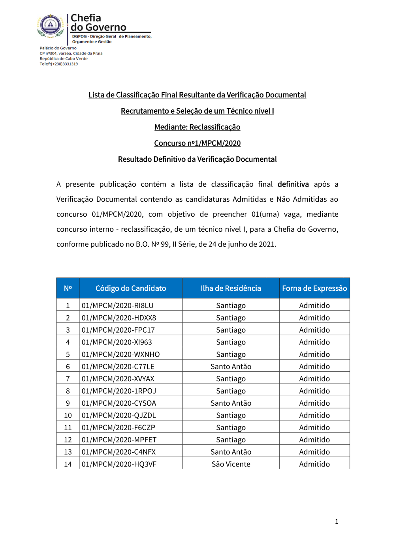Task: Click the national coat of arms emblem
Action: coord(50,26)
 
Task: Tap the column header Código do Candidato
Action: coord(131,288)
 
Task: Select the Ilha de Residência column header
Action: coord(231,288)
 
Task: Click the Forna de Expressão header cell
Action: coord(314,288)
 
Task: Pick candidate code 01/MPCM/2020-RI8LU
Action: coord(118,305)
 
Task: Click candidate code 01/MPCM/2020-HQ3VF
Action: coord(119,464)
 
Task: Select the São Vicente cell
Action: coord(231,464)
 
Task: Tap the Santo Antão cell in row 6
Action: coord(231,367)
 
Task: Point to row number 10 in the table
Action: coord(68,415)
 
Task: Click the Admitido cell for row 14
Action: coord(314,464)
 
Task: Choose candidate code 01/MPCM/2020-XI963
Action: coord(117,342)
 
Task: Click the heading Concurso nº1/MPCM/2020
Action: coord(197,143)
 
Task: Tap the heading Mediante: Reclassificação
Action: coord(197,127)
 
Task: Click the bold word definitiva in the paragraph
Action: coord(293,184)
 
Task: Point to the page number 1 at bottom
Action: coord(337,521)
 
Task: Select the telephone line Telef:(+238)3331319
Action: coord(59,64)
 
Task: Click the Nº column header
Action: coord(68,288)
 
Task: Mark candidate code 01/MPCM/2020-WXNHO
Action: coord(121,354)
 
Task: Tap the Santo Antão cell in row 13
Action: coord(231,452)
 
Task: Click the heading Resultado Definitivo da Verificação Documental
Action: coord(197,159)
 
